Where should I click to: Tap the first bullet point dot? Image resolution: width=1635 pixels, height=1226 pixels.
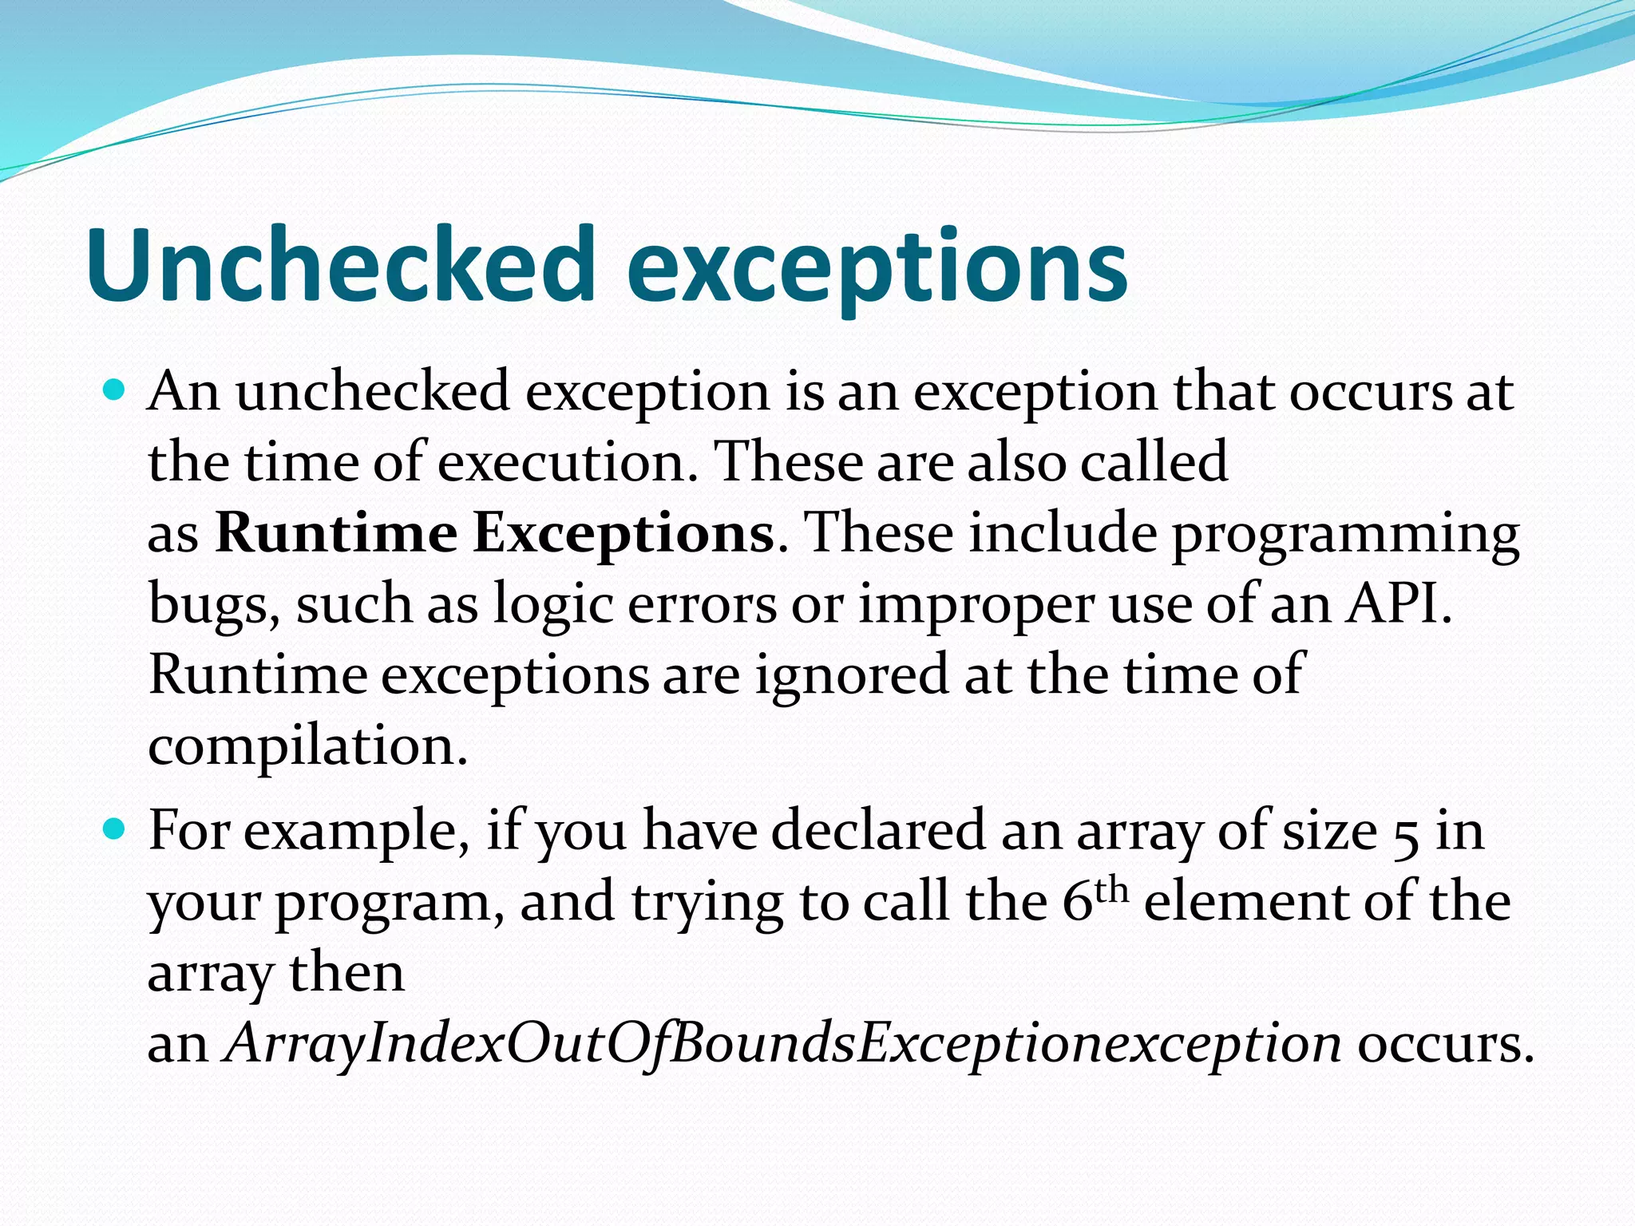pyautogui.click(x=116, y=391)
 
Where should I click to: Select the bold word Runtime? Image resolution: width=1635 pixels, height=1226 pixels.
pyautogui.click(x=335, y=533)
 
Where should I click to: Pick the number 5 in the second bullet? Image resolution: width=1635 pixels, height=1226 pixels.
pyautogui.click(x=1405, y=832)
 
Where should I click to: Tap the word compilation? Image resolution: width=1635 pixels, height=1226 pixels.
pyautogui.click(x=307, y=747)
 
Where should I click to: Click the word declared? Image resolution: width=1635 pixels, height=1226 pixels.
pyautogui.click(x=878, y=831)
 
